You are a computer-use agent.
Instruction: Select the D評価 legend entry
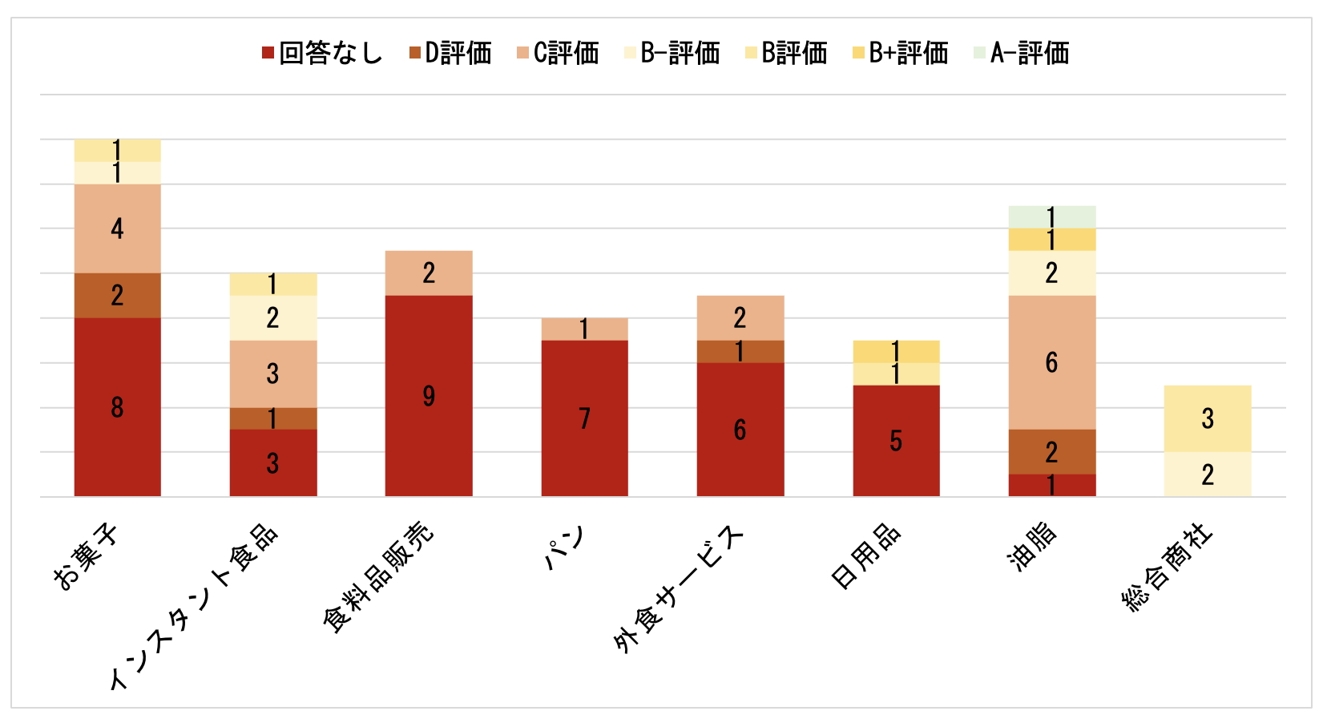tap(450, 54)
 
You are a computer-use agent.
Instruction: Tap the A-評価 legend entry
tap(1022, 54)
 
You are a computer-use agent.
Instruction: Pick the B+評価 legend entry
tap(901, 54)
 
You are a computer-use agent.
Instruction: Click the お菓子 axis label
tap(85, 558)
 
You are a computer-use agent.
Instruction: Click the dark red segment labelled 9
tap(429, 396)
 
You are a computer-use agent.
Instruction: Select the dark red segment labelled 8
tap(117, 407)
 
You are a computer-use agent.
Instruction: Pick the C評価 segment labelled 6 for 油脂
tap(1051, 362)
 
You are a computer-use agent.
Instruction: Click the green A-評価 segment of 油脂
tap(1051, 216)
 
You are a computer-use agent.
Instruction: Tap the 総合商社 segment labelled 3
tap(1208, 418)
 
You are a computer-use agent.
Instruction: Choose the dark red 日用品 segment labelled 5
tap(896, 441)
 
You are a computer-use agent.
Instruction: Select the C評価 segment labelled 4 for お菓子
tap(117, 229)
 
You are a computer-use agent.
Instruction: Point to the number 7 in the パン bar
tap(585, 418)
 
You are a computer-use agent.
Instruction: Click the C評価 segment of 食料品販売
tap(429, 273)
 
